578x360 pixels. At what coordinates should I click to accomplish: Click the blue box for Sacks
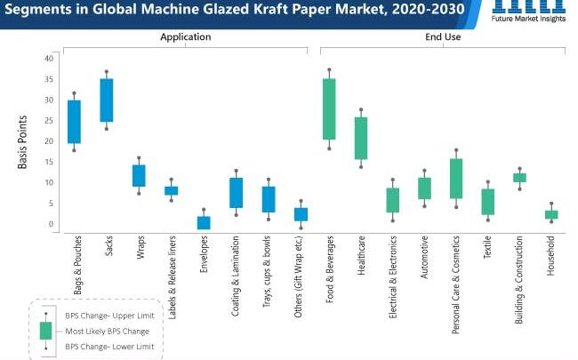point(107,100)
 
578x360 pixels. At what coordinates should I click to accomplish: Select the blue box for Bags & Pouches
point(75,122)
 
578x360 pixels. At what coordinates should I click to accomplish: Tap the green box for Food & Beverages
point(329,109)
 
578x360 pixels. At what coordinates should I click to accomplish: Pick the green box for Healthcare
point(361,139)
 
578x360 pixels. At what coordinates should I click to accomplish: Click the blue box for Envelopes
point(204,222)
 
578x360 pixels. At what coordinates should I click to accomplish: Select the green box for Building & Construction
point(519,178)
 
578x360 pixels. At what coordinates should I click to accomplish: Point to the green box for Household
point(551,214)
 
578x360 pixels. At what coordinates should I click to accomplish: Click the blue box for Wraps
point(139,176)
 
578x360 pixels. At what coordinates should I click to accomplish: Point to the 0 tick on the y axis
point(52,224)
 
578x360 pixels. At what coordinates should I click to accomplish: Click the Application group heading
point(185,37)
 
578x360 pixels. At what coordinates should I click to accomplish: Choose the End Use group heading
point(442,37)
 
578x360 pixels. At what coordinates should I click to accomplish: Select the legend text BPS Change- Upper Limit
point(104,314)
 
